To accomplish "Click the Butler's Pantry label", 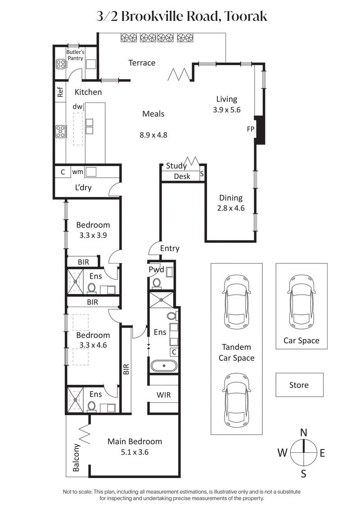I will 75,55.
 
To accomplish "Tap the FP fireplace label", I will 251,129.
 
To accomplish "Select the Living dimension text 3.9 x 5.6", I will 227,109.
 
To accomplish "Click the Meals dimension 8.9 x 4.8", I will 153,134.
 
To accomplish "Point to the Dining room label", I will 230,198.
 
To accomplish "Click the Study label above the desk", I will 176,166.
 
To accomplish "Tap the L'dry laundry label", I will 83,188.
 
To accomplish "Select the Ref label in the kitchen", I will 60,92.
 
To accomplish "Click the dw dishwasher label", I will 77,107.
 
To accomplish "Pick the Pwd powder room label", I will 157,270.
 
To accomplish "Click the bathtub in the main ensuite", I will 164,366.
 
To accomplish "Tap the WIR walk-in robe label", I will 163,394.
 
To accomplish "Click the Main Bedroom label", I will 134,441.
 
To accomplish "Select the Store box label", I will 299,385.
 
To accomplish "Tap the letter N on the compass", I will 304,433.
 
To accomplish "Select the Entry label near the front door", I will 170,248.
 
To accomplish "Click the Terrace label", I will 142,63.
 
